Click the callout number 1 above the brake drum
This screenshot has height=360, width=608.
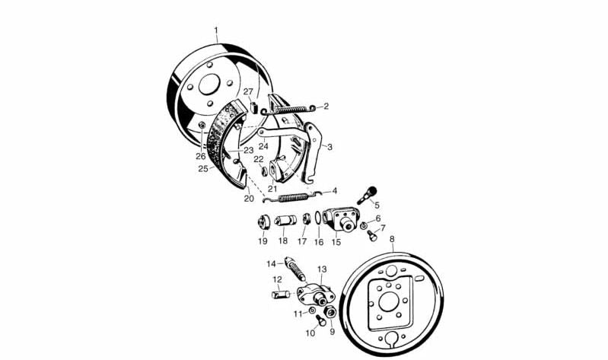coord(216,30)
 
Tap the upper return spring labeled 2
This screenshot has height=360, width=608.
coord(288,110)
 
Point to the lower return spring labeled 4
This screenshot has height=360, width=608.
coord(292,197)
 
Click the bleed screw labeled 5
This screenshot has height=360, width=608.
coord(367,195)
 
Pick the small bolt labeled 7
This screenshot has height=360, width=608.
coord(372,234)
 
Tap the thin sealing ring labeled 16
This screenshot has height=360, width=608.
coord(317,218)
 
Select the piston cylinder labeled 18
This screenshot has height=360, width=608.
coord(285,221)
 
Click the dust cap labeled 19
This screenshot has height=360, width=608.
coord(263,222)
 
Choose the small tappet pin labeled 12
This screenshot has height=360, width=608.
coord(279,295)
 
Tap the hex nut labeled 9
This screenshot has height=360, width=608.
coord(330,311)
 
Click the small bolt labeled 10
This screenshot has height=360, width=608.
coord(320,320)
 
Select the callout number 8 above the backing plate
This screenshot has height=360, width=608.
coord(392,238)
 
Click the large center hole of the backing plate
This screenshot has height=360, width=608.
coord(389,301)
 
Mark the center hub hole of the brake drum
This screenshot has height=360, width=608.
coord(209,84)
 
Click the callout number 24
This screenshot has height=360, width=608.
coord(263,146)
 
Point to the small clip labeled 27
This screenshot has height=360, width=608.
coord(254,107)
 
